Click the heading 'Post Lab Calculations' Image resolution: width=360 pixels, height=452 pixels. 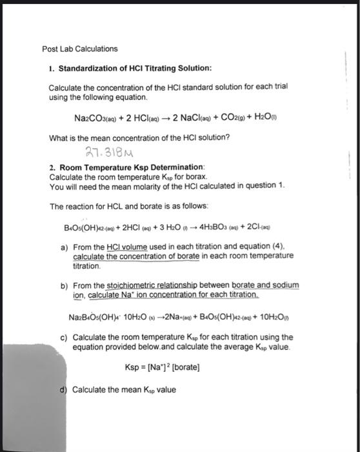click(x=80, y=48)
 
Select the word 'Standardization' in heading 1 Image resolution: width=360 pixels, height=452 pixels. click(x=94, y=68)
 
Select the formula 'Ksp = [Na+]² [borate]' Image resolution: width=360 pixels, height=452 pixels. click(x=163, y=367)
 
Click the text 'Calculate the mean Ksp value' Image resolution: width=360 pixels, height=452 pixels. click(x=123, y=389)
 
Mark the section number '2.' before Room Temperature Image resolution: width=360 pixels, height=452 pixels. click(x=52, y=167)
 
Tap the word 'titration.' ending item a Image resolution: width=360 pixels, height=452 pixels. click(x=87, y=265)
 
